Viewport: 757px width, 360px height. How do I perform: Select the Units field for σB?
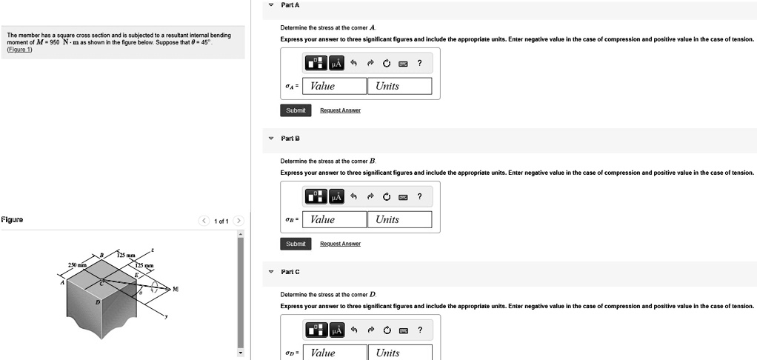(399, 219)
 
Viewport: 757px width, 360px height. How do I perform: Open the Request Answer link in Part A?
(340, 110)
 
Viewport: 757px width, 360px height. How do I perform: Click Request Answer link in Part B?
(340, 244)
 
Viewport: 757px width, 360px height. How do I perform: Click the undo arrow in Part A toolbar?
(355, 64)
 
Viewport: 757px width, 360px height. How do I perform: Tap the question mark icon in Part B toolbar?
(419, 197)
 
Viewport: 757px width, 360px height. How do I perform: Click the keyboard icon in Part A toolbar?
(403, 64)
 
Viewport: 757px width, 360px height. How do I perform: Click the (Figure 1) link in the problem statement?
(19, 50)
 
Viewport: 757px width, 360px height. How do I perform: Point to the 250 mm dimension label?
(78, 265)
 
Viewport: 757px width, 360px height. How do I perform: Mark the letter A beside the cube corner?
(63, 281)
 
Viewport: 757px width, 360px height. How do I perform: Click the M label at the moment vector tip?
(176, 288)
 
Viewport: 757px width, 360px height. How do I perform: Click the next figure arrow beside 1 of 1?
(238, 221)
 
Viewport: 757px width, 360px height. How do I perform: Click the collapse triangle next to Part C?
(270, 272)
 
